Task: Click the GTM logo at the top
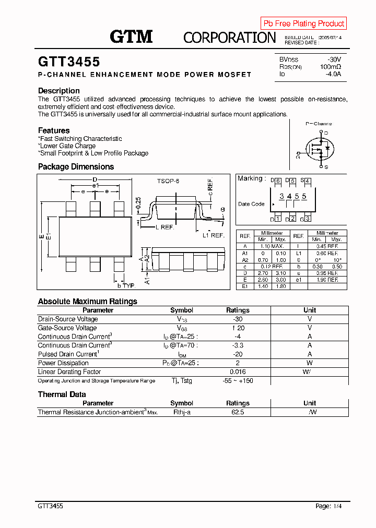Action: (x=131, y=37)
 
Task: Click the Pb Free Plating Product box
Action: (x=303, y=23)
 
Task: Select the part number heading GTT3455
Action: (x=69, y=62)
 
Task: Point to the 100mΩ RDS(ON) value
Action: (x=331, y=67)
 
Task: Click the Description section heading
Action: (x=59, y=91)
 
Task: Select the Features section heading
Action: (x=54, y=130)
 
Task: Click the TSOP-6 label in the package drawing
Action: (x=168, y=181)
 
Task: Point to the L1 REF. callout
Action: (x=213, y=235)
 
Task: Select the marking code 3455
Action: (x=292, y=196)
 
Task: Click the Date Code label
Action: (x=251, y=204)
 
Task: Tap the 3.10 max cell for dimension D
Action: (x=280, y=273)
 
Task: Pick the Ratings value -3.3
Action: (x=238, y=345)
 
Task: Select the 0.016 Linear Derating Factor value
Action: (x=238, y=372)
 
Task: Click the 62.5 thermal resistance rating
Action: (x=238, y=412)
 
